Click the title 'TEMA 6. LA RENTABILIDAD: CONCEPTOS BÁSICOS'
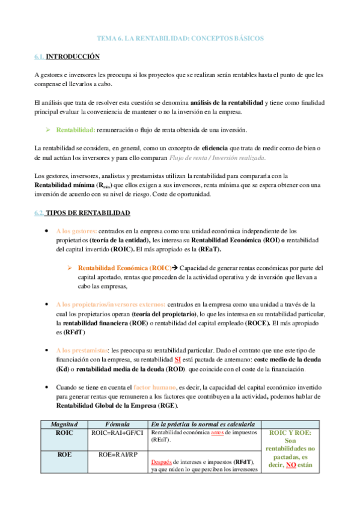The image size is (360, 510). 180,38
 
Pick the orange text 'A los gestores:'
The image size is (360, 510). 76,231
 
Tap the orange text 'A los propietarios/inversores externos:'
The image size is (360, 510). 111,305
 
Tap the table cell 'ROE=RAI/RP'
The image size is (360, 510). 118,455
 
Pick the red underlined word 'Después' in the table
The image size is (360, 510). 162,462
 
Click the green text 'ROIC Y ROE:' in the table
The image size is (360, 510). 290,432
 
